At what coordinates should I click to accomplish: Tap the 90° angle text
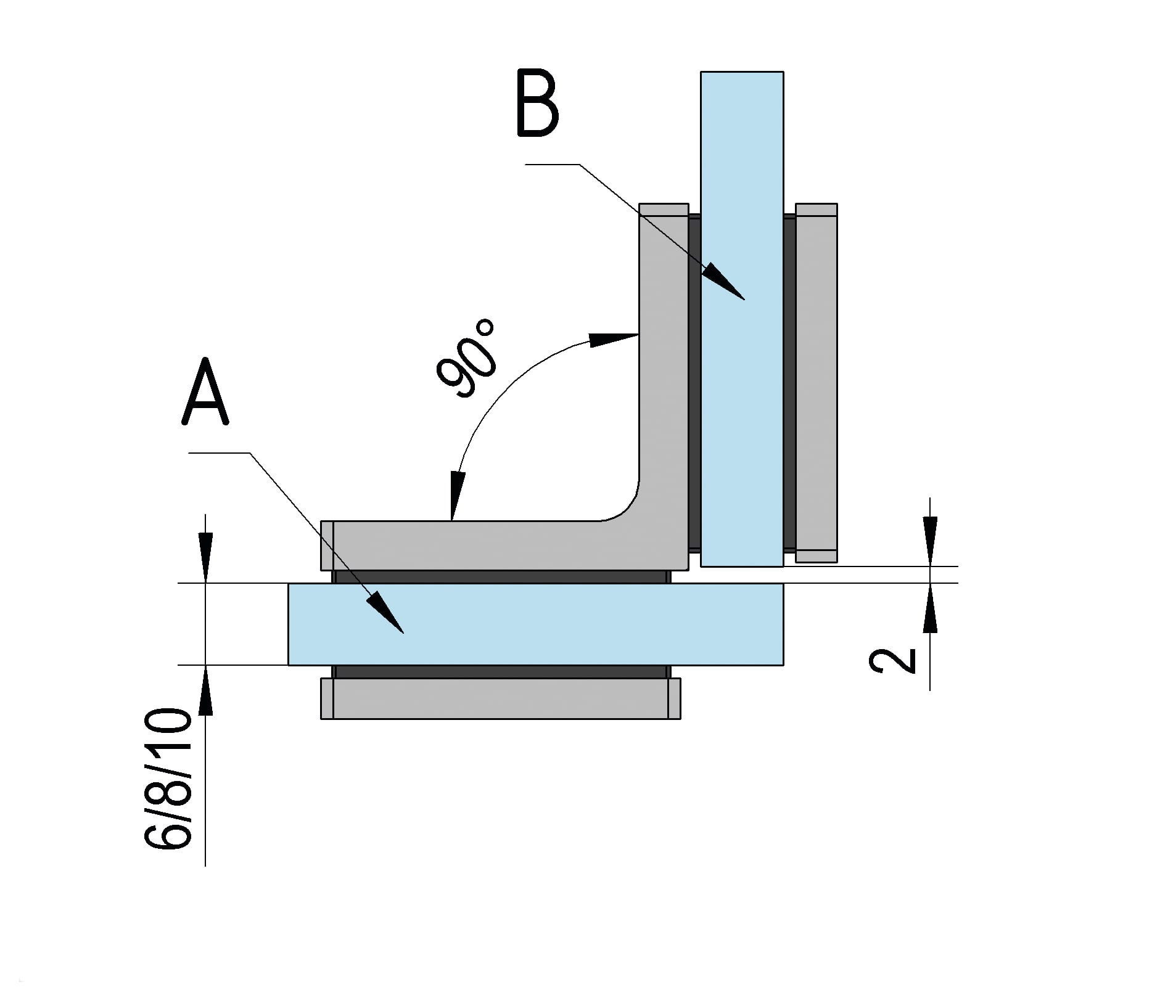pos(467,359)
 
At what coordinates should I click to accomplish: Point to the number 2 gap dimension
pos(892,661)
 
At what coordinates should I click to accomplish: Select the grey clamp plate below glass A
pos(500,698)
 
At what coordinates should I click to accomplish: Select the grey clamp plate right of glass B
pos(816,382)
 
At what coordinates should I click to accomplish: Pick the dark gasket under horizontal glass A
pos(500,671)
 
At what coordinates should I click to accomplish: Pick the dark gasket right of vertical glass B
pos(789,382)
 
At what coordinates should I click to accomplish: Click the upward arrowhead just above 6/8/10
pos(205,690)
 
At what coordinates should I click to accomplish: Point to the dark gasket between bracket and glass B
pos(694,382)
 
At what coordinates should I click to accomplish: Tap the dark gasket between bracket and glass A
pos(500,577)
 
